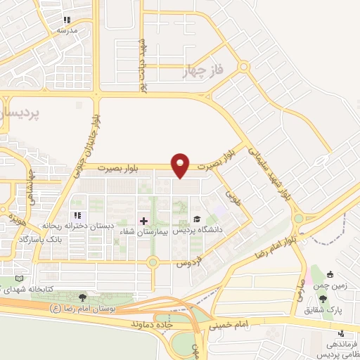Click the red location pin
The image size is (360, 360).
[181, 165]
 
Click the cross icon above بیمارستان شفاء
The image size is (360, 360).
[144, 221]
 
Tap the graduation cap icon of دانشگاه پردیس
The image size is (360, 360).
[198, 219]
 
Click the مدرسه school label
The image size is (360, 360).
[66, 31]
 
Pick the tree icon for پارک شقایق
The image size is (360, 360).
[323, 300]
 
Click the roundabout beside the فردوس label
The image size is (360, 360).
[152, 263]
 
